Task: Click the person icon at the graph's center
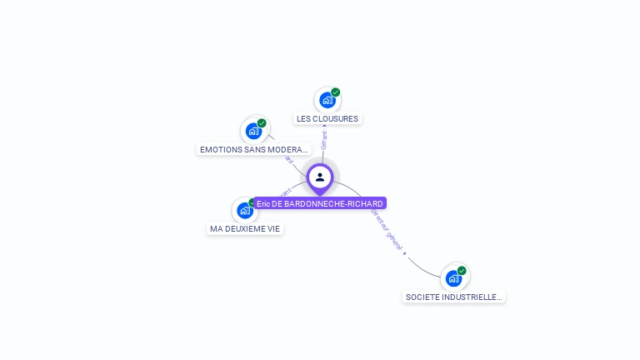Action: point(320,177)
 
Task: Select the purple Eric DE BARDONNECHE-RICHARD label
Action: point(320,203)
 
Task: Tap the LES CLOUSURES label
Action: point(327,118)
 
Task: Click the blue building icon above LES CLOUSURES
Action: point(327,100)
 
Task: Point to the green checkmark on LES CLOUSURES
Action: point(335,92)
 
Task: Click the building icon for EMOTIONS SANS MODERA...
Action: point(253,131)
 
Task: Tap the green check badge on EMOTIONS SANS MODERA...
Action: point(262,123)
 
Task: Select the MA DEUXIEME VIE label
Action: point(245,228)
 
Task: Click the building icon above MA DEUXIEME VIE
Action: point(244,210)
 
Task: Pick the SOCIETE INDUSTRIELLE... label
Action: point(453,297)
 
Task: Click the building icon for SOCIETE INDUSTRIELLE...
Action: point(453,277)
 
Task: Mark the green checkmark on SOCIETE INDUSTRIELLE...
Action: point(462,270)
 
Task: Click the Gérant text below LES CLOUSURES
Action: point(324,139)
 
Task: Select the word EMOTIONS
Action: point(219,149)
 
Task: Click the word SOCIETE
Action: point(422,297)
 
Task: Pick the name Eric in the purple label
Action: point(263,203)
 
